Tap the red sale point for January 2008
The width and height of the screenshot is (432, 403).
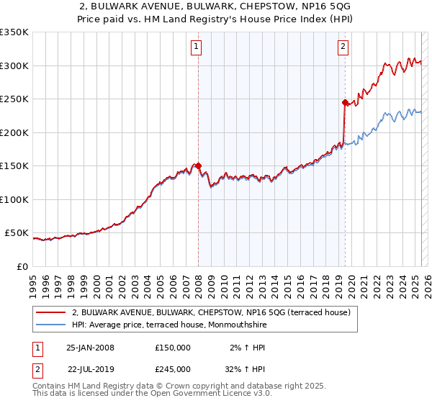click(x=198, y=166)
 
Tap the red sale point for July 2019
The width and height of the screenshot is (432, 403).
click(x=345, y=102)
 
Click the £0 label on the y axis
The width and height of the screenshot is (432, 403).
click(x=22, y=266)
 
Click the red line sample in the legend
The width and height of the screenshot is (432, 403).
click(x=50, y=312)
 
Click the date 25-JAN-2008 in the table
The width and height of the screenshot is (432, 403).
click(x=90, y=347)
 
